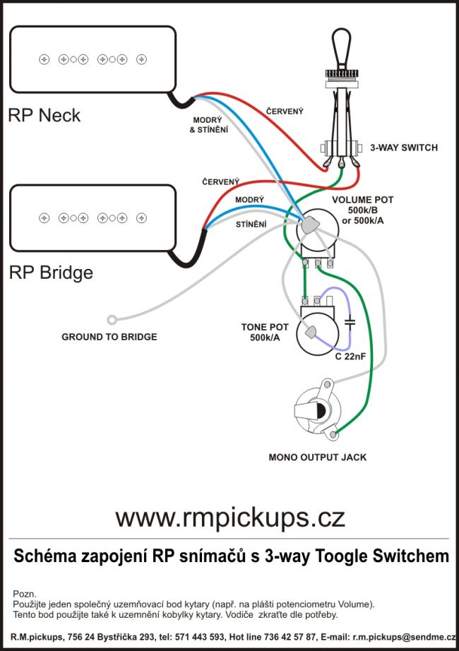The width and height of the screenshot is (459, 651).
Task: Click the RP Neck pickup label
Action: click(44, 115)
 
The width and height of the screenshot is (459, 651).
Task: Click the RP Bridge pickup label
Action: click(51, 273)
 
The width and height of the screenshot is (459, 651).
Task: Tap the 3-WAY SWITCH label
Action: click(404, 148)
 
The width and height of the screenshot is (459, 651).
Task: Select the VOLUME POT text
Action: click(363, 200)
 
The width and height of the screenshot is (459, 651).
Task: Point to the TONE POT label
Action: click(265, 328)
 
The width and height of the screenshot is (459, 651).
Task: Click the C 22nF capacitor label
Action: click(350, 356)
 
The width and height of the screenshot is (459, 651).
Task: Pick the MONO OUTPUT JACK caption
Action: click(318, 457)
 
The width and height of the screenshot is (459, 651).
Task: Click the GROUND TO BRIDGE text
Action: click(109, 337)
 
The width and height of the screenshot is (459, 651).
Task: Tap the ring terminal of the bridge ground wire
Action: click(111, 318)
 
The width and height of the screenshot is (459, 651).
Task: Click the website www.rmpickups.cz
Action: click(230, 518)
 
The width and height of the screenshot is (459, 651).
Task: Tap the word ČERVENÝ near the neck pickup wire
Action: click(285, 112)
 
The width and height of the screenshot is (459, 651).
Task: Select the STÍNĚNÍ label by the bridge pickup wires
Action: click(251, 225)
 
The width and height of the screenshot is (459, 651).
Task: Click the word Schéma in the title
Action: click(44, 556)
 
